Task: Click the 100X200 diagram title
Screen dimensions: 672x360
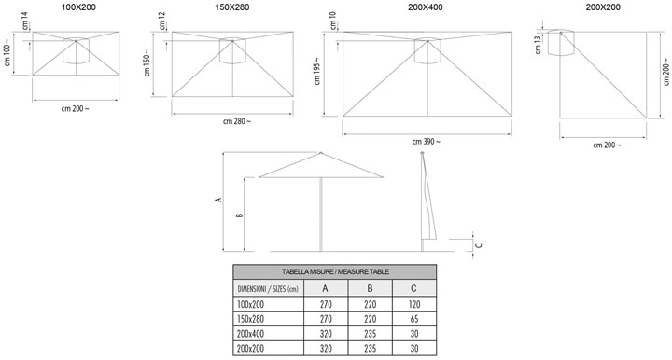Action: click(78, 7)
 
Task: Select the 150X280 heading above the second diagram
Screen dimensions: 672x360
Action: click(231, 7)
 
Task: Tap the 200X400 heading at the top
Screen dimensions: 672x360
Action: click(426, 7)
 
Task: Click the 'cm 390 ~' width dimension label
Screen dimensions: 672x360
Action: click(426, 141)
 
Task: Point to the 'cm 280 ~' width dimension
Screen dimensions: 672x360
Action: click(237, 121)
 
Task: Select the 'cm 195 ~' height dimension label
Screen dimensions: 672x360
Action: click(317, 71)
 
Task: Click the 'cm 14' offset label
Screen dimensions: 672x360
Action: click(24, 21)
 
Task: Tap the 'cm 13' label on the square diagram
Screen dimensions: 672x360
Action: click(539, 45)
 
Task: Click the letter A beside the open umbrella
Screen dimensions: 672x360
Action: click(218, 200)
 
